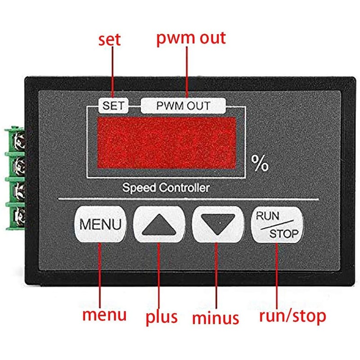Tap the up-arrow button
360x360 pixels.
(160, 224)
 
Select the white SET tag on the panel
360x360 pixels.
(114, 106)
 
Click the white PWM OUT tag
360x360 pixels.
(183, 106)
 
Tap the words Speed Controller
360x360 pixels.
(166, 187)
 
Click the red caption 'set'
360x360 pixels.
(109, 39)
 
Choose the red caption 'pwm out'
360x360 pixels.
(190, 38)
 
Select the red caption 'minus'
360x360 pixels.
(216, 318)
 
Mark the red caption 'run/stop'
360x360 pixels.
(292, 316)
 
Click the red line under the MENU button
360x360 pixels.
(100, 274)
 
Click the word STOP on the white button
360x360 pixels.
(283, 234)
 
